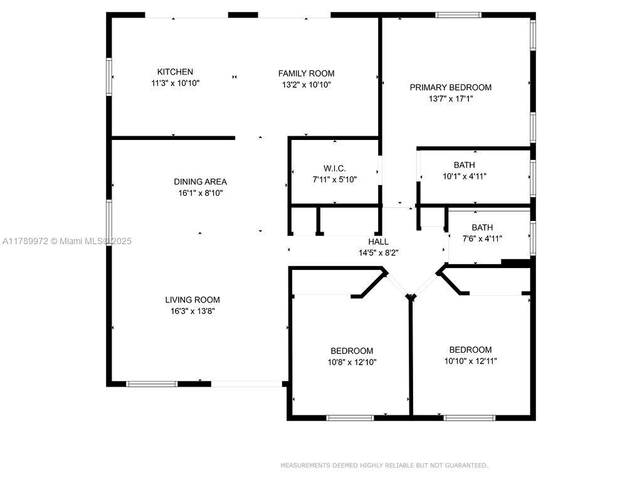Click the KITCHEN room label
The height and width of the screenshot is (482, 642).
point(175,72)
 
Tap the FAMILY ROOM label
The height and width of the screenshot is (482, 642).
point(306,73)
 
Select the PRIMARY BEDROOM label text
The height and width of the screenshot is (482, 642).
point(450,87)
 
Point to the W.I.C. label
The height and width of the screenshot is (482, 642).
point(334,168)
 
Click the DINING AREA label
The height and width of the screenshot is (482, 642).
point(200,182)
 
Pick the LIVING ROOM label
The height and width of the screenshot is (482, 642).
point(192,300)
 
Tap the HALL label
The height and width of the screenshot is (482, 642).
point(378,242)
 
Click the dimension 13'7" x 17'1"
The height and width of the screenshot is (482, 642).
point(450,99)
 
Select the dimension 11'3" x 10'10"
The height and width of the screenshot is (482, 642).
point(175,83)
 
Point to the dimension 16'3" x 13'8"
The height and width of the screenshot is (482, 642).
point(192,311)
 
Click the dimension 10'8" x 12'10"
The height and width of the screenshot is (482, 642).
point(352,362)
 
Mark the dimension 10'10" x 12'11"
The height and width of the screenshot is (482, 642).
point(470,361)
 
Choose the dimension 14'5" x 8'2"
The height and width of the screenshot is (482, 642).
point(378,253)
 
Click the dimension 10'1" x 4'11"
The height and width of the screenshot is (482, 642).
point(465,176)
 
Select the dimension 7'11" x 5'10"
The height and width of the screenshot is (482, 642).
point(334,179)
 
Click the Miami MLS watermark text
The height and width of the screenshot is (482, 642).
point(67,241)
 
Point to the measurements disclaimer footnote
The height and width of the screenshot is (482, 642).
point(384,466)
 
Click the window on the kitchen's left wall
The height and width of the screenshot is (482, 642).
point(109,77)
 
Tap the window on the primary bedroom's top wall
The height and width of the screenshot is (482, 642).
point(458,14)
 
